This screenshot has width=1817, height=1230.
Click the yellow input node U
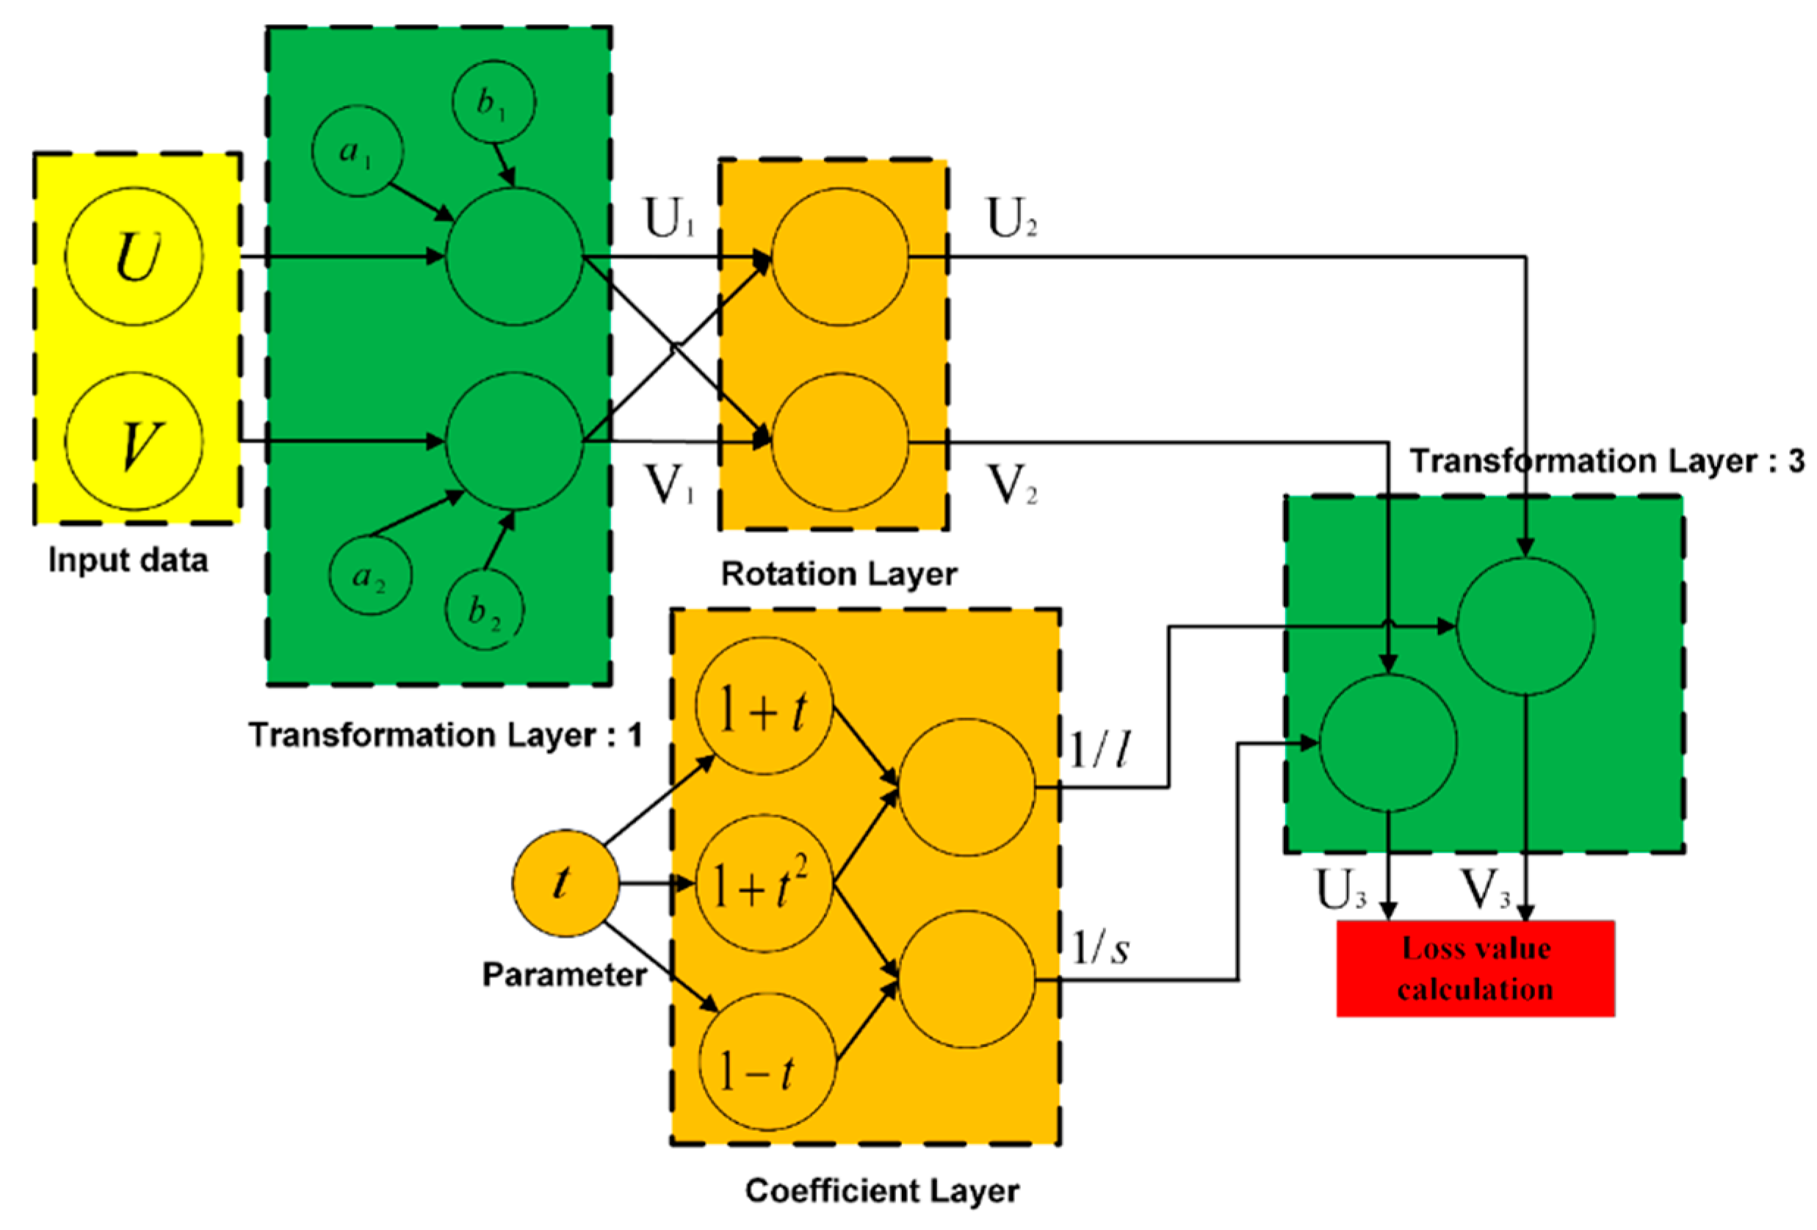[x=134, y=256]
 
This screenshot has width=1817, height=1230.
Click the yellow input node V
[x=134, y=441]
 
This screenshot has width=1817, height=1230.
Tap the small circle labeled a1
[x=357, y=152]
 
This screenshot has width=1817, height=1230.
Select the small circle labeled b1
[x=494, y=101]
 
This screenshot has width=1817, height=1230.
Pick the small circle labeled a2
[x=370, y=577]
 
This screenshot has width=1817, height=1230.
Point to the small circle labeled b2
[x=485, y=610]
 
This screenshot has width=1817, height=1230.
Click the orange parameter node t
[x=565, y=883]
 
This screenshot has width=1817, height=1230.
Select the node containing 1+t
[x=763, y=706]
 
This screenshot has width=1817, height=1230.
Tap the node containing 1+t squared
[x=763, y=883]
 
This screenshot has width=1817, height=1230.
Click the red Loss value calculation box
[x=1475, y=968]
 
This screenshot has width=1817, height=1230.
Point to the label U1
[x=668, y=218]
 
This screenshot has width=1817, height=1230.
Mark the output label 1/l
[x=1099, y=750]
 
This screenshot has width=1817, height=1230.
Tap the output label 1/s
[x=1099, y=949]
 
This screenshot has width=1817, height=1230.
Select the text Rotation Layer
[x=838, y=574]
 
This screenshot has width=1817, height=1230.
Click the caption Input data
[x=129, y=560]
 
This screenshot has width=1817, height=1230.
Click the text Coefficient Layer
[x=881, y=1191]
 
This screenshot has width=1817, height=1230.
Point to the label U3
[x=1340, y=890]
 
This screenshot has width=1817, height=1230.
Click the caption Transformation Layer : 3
[x=1607, y=460]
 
